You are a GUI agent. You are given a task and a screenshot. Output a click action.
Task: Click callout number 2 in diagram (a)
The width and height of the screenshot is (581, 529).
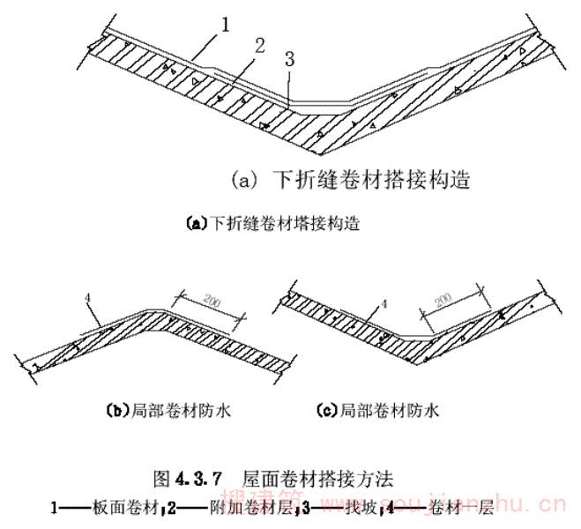tap(258, 46)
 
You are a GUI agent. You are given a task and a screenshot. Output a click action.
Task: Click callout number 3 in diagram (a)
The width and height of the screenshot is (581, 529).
tap(289, 59)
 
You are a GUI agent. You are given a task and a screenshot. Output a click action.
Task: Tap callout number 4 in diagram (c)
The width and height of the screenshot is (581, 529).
tap(374, 305)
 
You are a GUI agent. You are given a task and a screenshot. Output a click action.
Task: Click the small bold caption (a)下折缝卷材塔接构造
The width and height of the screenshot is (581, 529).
tap(274, 223)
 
